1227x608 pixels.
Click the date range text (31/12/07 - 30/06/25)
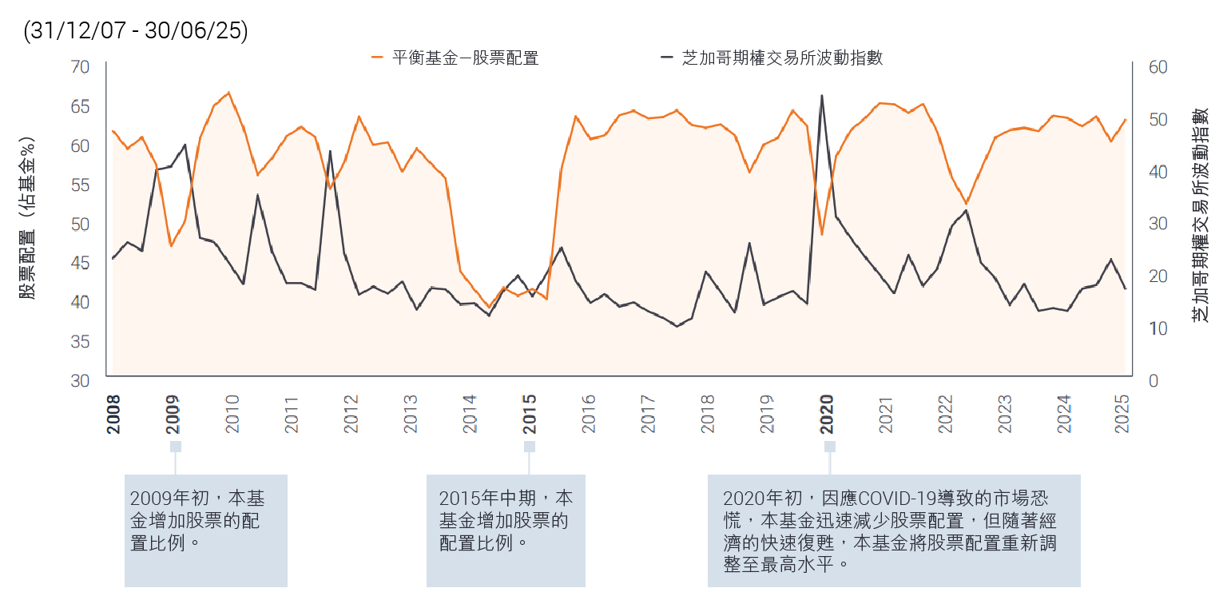point(136,31)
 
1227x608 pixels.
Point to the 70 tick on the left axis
point(80,66)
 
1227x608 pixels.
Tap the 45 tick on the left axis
point(80,264)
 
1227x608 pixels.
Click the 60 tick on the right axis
point(1158,66)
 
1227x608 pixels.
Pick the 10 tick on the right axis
point(1158,328)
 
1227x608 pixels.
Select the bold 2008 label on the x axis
point(114,414)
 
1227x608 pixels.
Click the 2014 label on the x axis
point(471,414)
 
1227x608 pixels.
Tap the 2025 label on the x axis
point(1122,414)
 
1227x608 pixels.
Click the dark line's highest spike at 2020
point(822,96)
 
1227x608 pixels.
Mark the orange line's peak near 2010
point(228,93)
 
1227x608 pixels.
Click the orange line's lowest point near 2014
point(489,307)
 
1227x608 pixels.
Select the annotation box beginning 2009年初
point(205,531)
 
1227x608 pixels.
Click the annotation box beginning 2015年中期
point(506,531)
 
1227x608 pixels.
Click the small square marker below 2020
point(830,446)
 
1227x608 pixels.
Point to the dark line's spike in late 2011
point(330,151)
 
